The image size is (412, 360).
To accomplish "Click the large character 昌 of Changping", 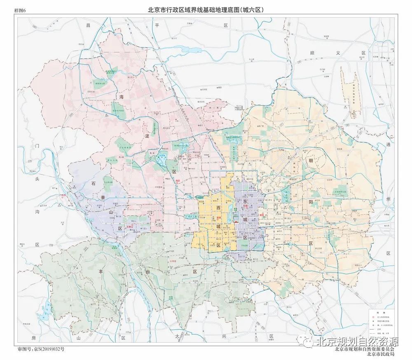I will point(87,26).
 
